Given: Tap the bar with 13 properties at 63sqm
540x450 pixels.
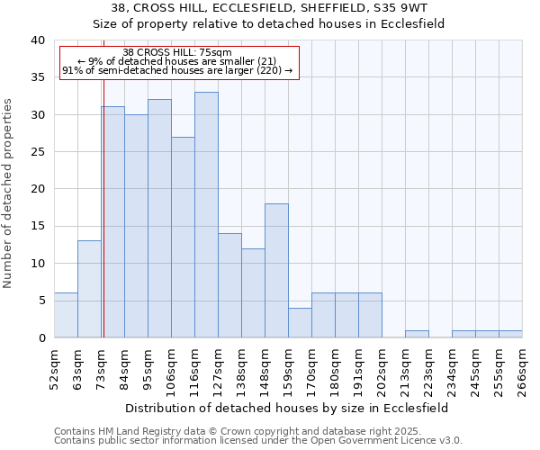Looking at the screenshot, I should [x=89, y=289].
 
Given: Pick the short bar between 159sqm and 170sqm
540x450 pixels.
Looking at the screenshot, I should [x=300, y=322].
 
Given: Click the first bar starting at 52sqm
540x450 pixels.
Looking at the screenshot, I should [x=66, y=315].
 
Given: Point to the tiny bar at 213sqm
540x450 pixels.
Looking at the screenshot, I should [x=417, y=334].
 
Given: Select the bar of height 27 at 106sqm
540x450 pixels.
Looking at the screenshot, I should [x=183, y=237].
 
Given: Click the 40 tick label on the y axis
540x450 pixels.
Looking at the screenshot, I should [x=37, y=40].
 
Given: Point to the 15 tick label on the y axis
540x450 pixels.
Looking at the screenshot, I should [x=37, y=227].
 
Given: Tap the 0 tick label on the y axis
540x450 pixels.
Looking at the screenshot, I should [x=40, y=338].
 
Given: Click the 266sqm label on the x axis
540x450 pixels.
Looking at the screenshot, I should [x=522, y=369].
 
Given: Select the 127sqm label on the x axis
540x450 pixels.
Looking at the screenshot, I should [x=218, y=369].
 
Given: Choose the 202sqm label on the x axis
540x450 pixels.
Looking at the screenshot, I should [x=382, y=369].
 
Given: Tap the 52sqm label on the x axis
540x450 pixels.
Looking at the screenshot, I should [x=54, y=369].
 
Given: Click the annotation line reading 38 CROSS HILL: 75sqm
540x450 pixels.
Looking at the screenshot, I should [x=177, y=52].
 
